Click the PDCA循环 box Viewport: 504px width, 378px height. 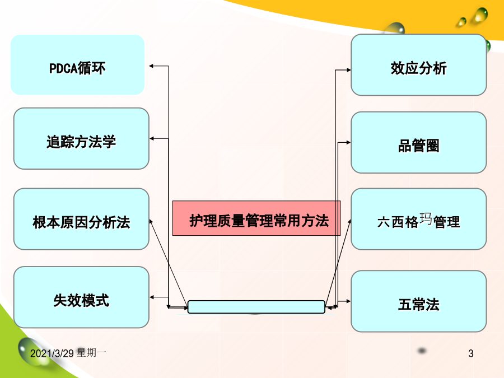point(77,64)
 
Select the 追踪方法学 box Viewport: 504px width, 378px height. point(81,138)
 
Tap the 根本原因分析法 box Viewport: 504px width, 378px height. point(81,219)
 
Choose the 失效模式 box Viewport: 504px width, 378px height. point(81,297)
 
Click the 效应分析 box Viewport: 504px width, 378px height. point(418,65)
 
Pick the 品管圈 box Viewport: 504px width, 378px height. point(418,142)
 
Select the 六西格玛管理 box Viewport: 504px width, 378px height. point(418,219)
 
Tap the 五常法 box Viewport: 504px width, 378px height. point(418,301)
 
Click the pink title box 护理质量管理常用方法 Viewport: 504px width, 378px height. point(256,218)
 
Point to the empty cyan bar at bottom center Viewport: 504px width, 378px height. point(256,307)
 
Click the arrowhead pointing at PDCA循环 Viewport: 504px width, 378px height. point(151,66)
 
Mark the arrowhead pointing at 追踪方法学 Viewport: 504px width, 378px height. point(152,138)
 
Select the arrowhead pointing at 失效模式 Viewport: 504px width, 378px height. point(152,297)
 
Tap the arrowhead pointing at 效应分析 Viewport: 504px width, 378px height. point(348,70)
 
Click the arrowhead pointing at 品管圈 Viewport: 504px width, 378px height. point(348,142)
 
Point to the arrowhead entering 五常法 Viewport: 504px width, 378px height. point(348,301)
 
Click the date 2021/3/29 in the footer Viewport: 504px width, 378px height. point(52,353)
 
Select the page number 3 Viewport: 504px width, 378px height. point(471,353)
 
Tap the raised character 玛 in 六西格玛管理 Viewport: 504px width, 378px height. point(426,218)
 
